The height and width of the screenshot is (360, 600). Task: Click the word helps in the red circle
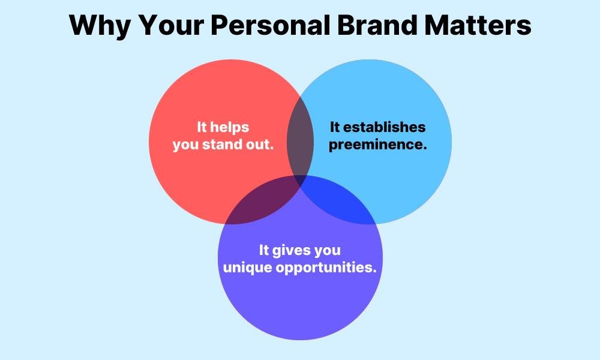coord(230,127)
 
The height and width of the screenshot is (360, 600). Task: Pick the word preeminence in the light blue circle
coord(377,145)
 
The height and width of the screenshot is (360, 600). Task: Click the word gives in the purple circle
coord(295,250)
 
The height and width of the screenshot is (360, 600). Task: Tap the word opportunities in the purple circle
coord(326,267)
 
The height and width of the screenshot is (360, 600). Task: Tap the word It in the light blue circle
coord(335,127)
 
